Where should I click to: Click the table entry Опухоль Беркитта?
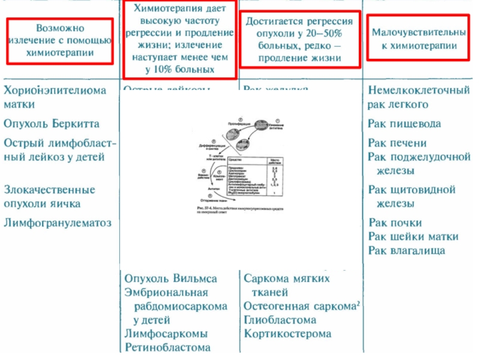point(52,124)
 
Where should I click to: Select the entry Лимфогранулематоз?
point(58,223)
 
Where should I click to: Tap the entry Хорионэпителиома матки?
point(55,97)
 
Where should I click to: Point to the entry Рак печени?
point(397,143)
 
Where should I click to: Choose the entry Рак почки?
point(395,223)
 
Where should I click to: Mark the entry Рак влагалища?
point(406,250)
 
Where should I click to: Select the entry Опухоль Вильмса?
point(170,279)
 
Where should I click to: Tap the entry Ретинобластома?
point(167,347)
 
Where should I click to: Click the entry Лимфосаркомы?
point(166,334)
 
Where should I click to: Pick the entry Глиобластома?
point(280,320)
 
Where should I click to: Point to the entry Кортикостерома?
point(287,334)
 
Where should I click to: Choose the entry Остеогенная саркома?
point(299,306)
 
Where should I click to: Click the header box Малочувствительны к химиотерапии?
point(418,37)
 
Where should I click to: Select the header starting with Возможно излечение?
point(59,41)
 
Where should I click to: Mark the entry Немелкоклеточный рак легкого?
point(418,97)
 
